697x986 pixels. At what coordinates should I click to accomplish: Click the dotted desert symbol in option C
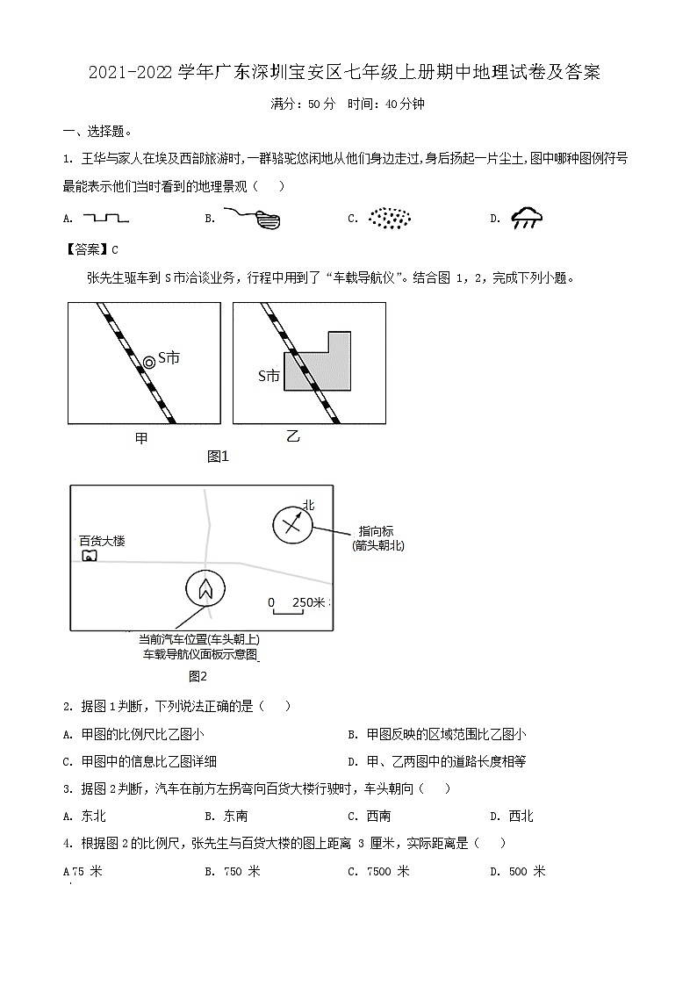(x=389, y=218)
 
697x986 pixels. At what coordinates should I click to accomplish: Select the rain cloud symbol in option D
(x=527, y=218)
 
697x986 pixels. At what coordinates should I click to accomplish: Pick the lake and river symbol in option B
(x=255, y=218)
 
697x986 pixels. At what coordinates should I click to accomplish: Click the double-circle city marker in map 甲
(x=149, y=361)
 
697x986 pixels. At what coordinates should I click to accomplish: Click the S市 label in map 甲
(x=168, y=358)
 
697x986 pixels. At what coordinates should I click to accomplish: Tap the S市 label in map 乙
(x=269, y=376)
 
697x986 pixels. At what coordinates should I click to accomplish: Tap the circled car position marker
(x=205, y=588)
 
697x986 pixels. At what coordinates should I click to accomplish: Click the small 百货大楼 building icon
(x=88, y=556)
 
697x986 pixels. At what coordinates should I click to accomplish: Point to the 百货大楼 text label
(x=102, y=541)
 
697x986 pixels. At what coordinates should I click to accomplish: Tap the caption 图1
(x=218, y=456)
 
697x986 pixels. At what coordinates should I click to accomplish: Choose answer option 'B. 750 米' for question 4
(x=233, y=871)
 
